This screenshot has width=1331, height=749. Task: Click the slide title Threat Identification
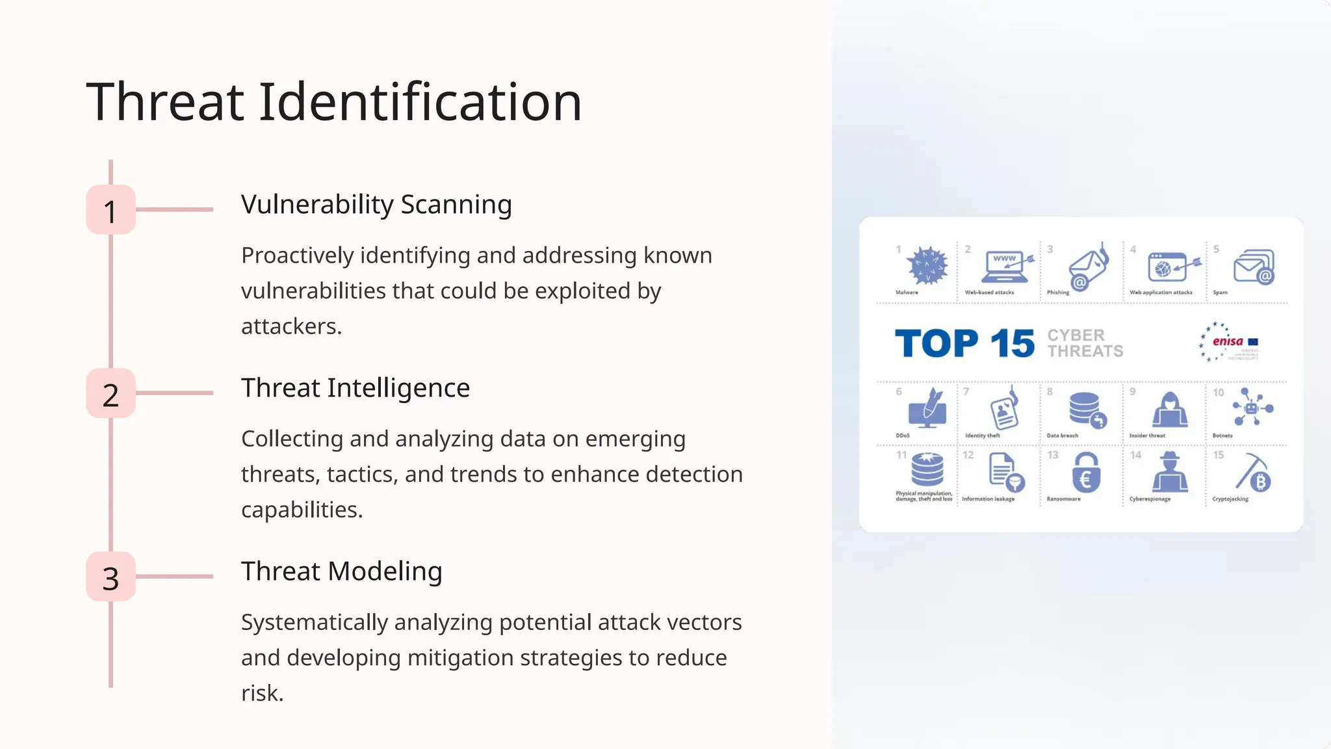[333, 102]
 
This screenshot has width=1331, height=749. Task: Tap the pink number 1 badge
[110, 210]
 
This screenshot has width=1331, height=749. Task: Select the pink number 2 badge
[110, 393]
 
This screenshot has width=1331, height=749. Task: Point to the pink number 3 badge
[110, 577]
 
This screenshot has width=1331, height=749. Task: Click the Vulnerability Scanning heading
[376, 205]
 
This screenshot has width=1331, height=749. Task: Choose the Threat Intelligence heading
[355, 388]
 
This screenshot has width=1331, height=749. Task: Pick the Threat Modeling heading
[341, 572]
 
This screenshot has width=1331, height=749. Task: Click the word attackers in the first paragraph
[291, 326]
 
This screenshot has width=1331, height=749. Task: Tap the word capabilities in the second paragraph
[301, 510]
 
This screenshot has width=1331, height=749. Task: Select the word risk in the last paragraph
[261, 693]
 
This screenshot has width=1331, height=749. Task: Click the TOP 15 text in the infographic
[964, 343]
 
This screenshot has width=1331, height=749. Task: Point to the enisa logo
[1228, 342]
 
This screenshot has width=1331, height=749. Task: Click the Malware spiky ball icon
[928, 266]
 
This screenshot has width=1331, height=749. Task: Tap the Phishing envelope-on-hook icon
[1088, 267]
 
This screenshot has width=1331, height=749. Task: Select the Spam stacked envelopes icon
[1254, 267]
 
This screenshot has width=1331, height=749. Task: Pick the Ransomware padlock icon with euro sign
[1085, 473]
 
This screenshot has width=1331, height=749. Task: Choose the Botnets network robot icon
[1252, 408]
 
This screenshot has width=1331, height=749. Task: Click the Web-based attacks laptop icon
[1006, 267]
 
